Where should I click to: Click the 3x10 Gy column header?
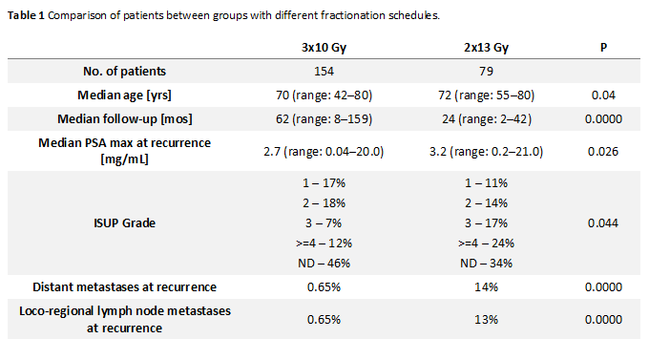tap(324, 48)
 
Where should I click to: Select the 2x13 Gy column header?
tap(486, 48)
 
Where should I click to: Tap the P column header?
tap(603, 47)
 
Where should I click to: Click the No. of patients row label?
tap(125, 72)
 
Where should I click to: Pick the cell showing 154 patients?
tap(324, 72)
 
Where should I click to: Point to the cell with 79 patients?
tap(486, 72)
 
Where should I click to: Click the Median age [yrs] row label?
tap(125, 95)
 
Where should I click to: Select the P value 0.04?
tap(603, 95)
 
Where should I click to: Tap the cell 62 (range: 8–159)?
tap(324, 119)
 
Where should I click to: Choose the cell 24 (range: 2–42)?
tap(486, 119)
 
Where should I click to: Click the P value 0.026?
tap(603, 152)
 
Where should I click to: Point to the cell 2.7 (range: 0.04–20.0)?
tap(324, 152)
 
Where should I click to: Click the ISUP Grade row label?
tap(125, 223)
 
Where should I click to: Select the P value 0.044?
tap(603, 223)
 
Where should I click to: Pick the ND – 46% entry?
tap(324, 264)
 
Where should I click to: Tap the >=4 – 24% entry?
tap(486, 244)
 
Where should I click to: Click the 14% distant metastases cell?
tap(486, 287)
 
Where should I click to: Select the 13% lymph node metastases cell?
tap(486, 320)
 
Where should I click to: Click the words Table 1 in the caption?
tap(26, 15)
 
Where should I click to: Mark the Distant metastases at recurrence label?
tap(125, 287)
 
